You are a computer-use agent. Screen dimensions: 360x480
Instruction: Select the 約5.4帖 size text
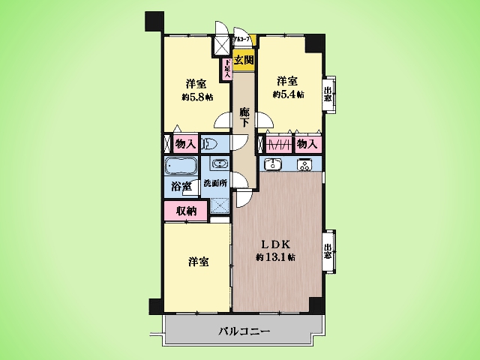coord(288,94)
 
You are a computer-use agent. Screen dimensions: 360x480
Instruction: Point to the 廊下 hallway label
coord(244,118)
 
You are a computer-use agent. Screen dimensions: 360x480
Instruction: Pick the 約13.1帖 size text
coord(275,257)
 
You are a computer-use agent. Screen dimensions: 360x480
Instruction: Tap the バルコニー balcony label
coord(244,331)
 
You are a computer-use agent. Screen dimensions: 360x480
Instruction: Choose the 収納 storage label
coord(187,211)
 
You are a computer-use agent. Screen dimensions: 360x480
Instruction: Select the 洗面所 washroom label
coord(216,184)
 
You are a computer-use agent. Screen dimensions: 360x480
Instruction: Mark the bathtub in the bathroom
coord(181,166)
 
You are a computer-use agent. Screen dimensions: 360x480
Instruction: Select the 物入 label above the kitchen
coord(306,143)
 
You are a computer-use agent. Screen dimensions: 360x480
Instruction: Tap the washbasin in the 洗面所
coord(219,165)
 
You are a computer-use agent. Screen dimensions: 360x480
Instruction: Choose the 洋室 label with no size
coord(198,262)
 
